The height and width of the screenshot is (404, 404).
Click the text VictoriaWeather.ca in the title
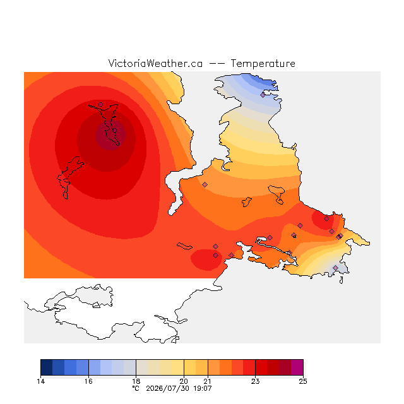pyautogui.click(x=155, y=63)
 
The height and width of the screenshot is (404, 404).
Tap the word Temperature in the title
pyautogui.click(x=263, y=63)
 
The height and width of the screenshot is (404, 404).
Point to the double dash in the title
pyautogui.click(x=217, y=64)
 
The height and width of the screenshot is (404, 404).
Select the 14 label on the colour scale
pyautogui.click(x=40, y=381)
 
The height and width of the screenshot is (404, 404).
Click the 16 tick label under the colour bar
pyautogui.click(x=88, y=381)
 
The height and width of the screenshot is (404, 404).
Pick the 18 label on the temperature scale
pyautogui.click(x=136, y=381)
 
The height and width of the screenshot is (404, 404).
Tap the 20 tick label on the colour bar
pyautogui.click(x=184, y=381)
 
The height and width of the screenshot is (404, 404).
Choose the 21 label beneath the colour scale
pyautogui.click(x=208, y=381)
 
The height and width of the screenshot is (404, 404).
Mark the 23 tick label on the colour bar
pyautogui.click(x=255, y=381)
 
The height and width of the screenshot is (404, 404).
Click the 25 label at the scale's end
pyautogui.click(x=303, y=381)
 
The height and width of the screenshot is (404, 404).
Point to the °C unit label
pyautogui.click(x=136, y=388)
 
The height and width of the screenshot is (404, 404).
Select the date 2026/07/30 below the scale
pyautogui.click(x=168, y=388)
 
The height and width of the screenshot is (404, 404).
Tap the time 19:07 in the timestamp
pyautogui.click(x=203, y=388)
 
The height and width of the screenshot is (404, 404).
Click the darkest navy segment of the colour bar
pyautogui.click(x=47, y=367)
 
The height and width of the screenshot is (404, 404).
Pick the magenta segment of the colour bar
pyautogui.click(x=297, y=367)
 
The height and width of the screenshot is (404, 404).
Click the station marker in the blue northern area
pyautogui.click(x=263, y=95)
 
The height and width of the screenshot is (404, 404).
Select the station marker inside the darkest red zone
pyautogui.click(x=115, y=131)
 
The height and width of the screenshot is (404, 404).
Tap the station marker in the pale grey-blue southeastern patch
pyautogui.click(x=335, y=268)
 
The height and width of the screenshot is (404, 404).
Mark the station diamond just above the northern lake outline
pyautogui.click(x=101, y=104)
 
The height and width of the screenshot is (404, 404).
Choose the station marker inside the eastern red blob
pyautogui.click(x=327, y=219)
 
